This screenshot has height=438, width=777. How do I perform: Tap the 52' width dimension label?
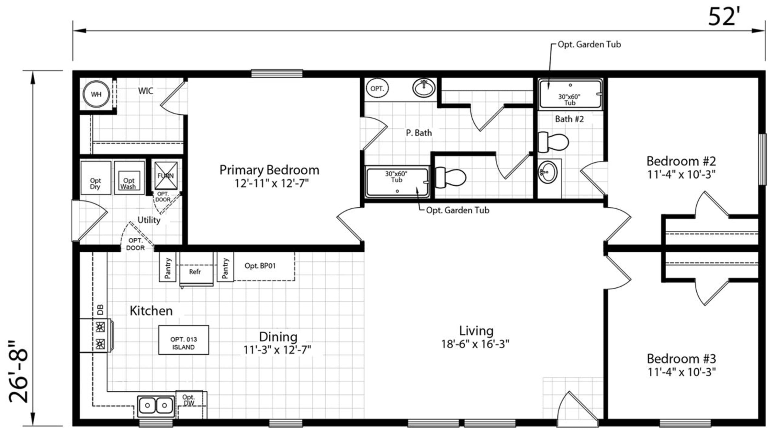click(724, 17)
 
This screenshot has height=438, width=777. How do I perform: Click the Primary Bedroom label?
click(269, 170)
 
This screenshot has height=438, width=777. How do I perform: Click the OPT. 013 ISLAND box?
click(184, 340)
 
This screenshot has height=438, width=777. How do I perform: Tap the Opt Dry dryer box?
click(96, 178)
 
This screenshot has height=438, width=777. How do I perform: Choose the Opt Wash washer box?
click(129, 178)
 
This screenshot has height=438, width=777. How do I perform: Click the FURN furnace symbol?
click(166, 176)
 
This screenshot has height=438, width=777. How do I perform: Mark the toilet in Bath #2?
click(553, 142)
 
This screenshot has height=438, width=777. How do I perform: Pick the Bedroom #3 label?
click(681, 359)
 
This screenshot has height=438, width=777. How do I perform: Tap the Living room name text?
click(476, 331)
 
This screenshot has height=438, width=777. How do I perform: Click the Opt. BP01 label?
click(260, 266)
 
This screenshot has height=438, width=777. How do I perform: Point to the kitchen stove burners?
click(100, 335)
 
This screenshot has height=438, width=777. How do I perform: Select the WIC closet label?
click(146, 91)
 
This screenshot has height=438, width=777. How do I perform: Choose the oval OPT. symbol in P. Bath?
click(377, 88)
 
